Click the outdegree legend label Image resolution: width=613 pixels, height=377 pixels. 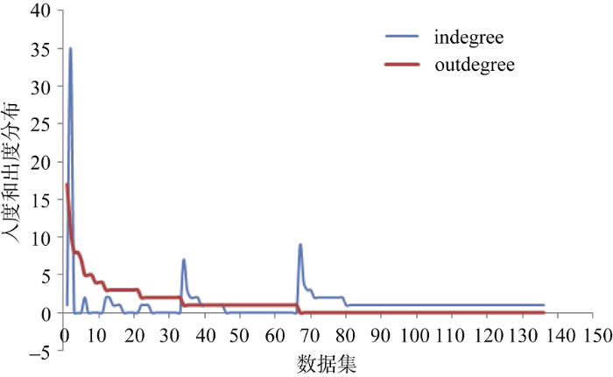[x=478, y=65]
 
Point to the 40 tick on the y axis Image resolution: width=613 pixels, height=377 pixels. [x=40, y=11]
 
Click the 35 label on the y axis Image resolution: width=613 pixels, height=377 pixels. [x=40, y=49]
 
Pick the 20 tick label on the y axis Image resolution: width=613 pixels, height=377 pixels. [x=40, y=162]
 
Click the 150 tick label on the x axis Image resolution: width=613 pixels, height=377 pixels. [x=595, y=335]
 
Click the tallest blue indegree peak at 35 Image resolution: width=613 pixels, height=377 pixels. [x=70, y=49]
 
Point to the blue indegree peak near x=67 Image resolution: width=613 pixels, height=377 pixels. [x=300, y=245]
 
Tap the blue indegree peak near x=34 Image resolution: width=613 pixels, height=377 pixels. [x=184, y=260]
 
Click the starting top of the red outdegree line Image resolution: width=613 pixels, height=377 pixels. [x=67, y=185]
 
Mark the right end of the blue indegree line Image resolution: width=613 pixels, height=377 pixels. [x=544, y=305]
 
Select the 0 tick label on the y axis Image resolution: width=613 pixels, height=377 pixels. [x=46, y=313]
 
